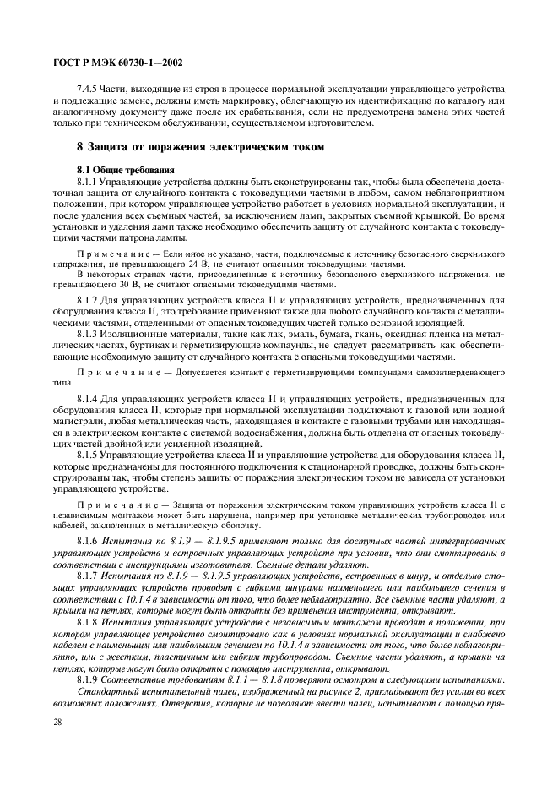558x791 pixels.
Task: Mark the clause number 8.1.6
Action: [x=89, y=540]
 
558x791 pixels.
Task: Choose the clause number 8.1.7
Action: [x=89, y=575]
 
